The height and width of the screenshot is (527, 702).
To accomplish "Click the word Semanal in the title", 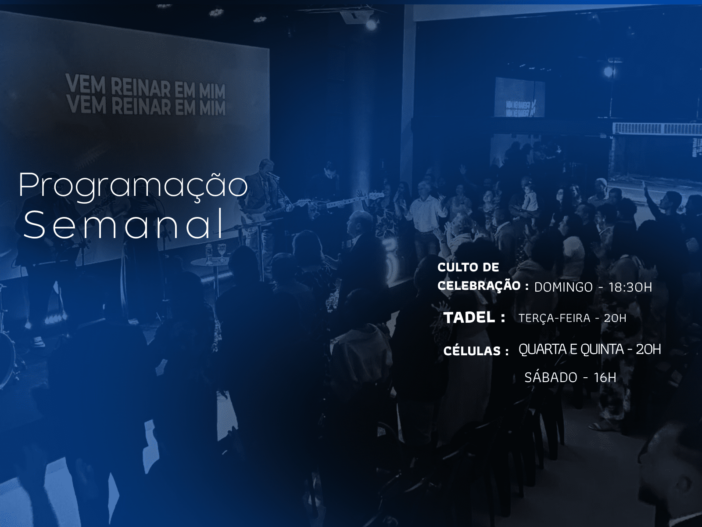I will point(124,224).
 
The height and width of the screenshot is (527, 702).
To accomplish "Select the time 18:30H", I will point(630,287).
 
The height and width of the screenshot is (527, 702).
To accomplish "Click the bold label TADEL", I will point(469,317).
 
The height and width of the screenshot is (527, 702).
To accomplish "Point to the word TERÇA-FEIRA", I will point(554,318).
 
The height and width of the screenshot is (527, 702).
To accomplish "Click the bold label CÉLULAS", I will point(472,351).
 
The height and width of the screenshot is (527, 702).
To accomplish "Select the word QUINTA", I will point(602,350).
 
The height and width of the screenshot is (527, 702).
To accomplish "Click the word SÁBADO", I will point(551,377).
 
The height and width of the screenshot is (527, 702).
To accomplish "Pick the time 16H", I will point(605,377).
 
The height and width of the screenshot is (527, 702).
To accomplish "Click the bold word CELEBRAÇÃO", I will point(479,285).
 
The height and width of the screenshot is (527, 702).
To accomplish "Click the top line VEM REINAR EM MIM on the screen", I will point(145,86).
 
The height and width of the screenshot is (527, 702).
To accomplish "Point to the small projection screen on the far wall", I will point(519,97).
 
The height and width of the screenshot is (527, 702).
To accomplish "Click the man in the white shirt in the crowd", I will point(425,211).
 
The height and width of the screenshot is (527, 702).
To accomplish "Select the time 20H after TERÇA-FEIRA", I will point(615,318).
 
